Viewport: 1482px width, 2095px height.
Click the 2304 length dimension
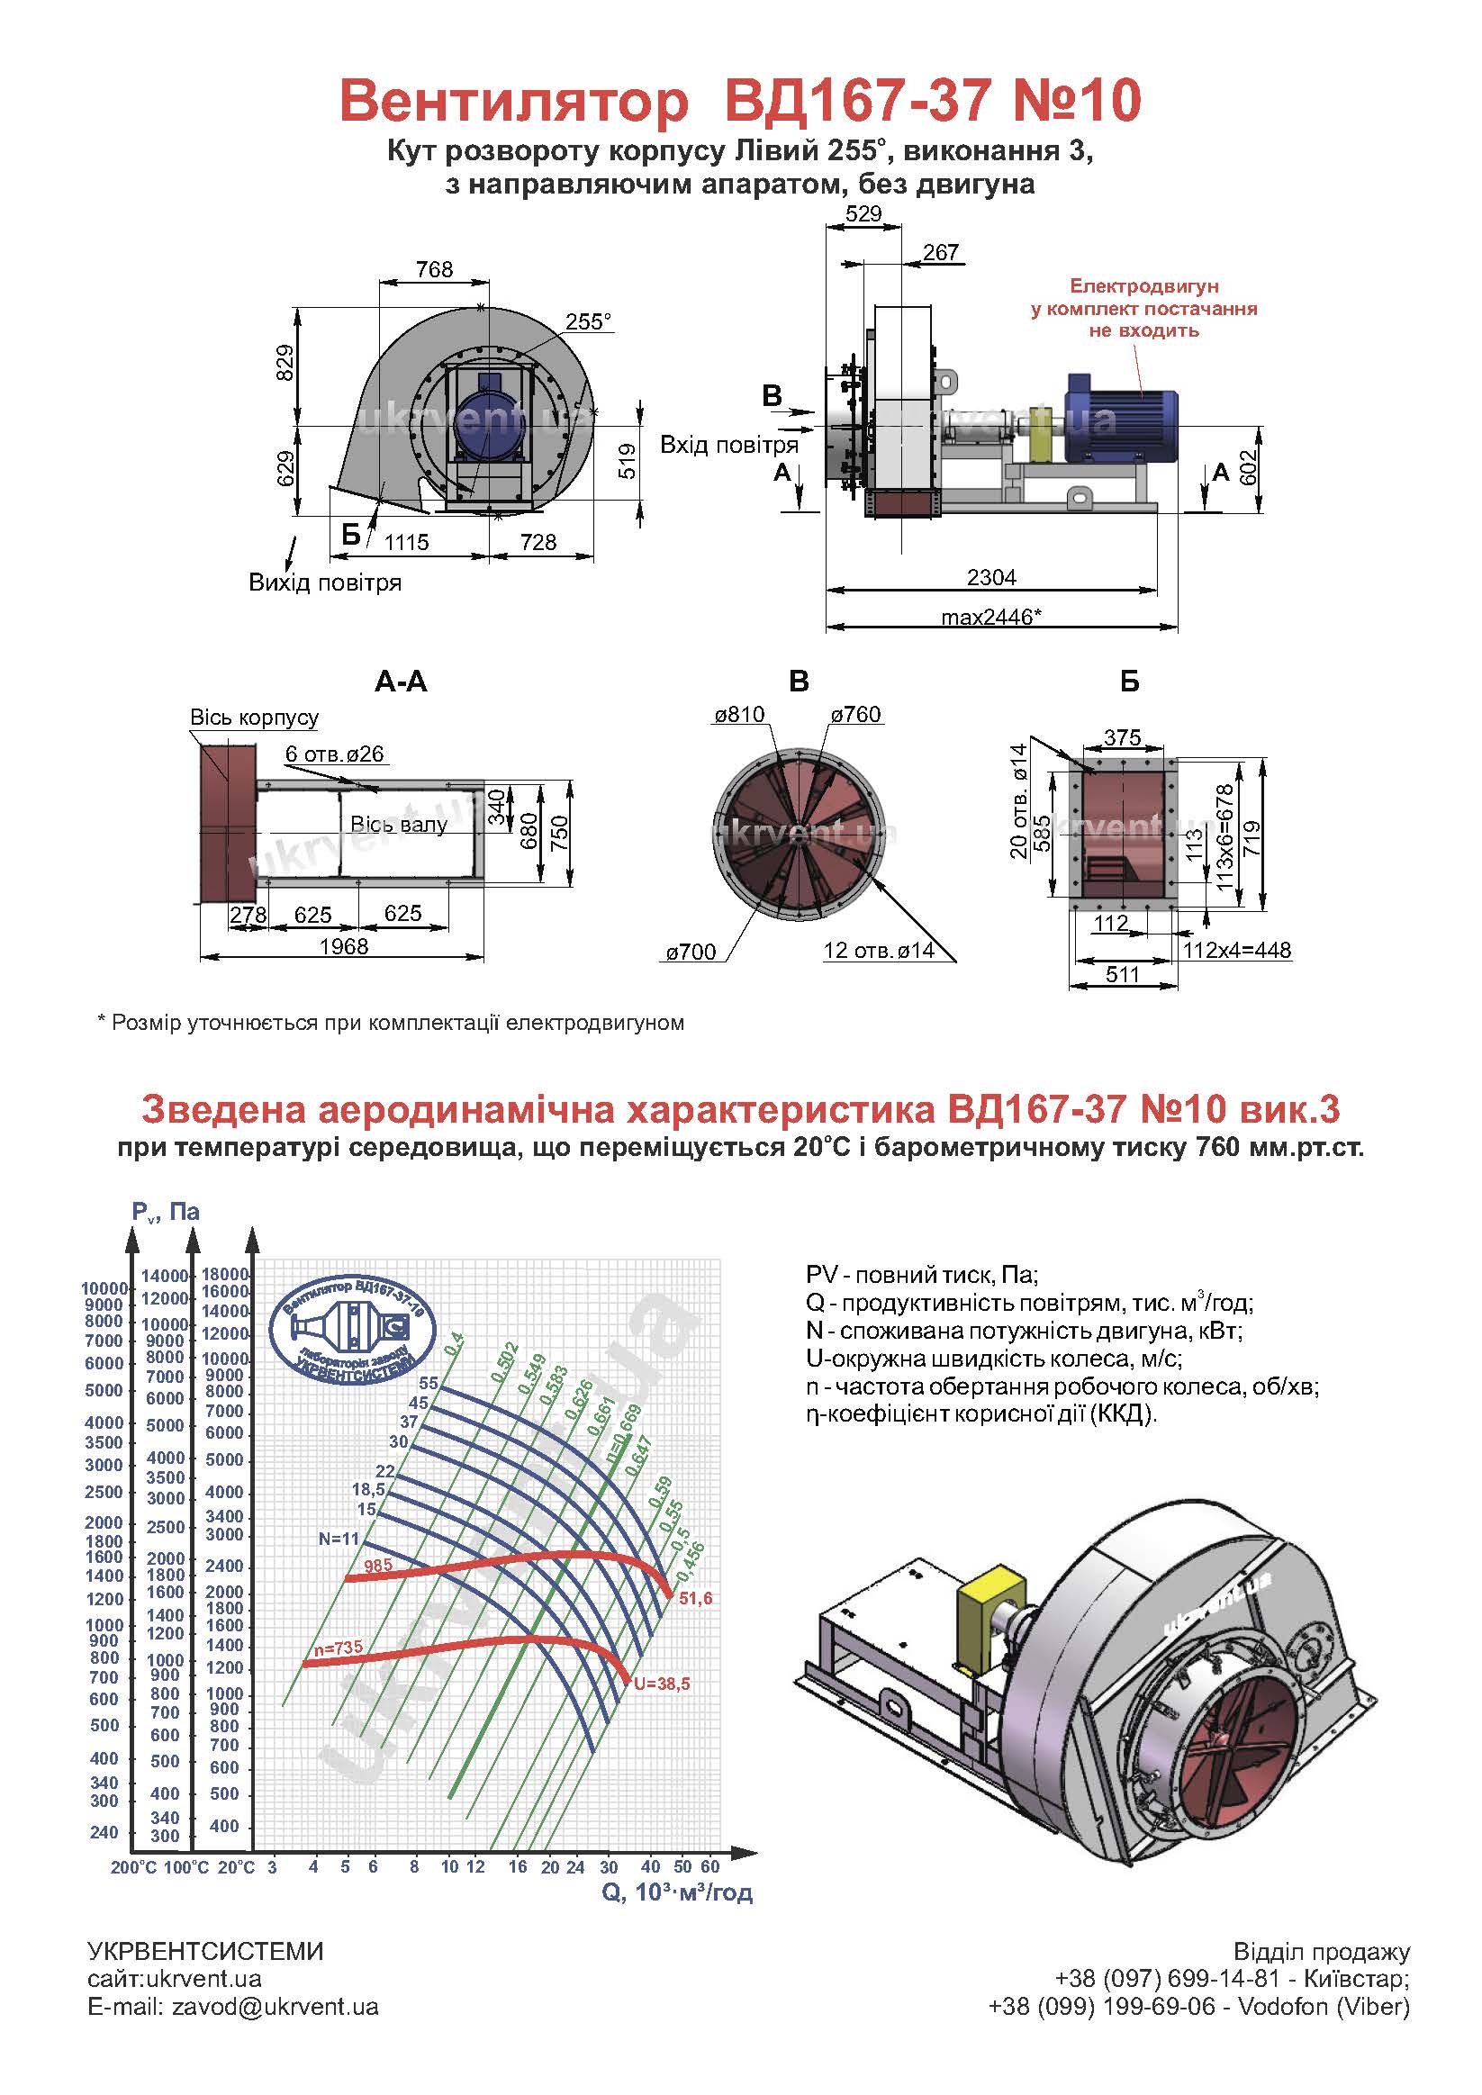pos(991,577)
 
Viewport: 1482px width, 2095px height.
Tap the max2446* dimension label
pos(991,617)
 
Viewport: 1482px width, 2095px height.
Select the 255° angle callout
pos(589,321)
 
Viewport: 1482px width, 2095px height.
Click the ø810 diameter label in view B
pos(739,714)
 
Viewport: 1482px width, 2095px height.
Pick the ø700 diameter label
pos(691,953)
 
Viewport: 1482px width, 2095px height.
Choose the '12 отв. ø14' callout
pos(879,950)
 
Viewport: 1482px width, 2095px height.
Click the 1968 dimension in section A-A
pos(343,946)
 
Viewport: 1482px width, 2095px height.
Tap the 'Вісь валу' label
pos(399,825)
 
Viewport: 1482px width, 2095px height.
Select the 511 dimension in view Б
pos(1123,973)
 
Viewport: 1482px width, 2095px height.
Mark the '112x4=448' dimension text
pos(1237,950)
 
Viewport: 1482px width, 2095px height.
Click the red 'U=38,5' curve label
pos(662,1684)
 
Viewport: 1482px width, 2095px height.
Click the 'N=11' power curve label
pos(339,1539)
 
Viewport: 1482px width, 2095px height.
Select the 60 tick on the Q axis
pos(710,1867)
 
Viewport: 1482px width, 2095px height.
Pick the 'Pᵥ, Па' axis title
pos(165,1212)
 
